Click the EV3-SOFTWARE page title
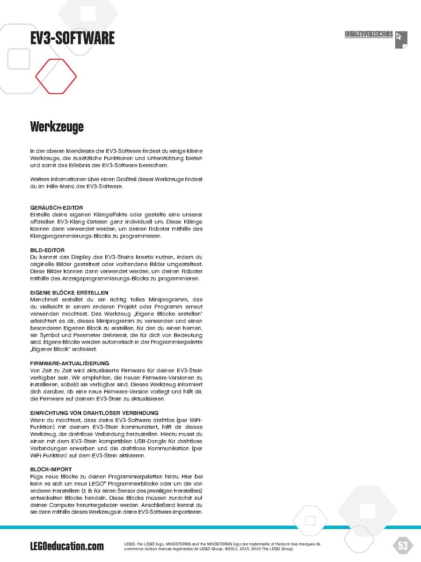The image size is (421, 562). (x=72, y=38)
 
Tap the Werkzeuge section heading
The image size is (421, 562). (x=57, y=126)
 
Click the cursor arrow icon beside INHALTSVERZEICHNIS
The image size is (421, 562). (x=401, y=39)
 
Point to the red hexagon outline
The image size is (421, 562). (x=56, y=76)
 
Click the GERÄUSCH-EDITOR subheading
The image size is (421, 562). (x=56, y=207)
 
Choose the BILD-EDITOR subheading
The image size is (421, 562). (x=47, y=250)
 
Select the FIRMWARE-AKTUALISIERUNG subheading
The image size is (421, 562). (x=70, y=363)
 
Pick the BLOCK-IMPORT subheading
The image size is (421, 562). (x=51, y=469)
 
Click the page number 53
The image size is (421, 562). (x=402, y=545)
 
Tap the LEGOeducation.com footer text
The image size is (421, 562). (x=67, y=546)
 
